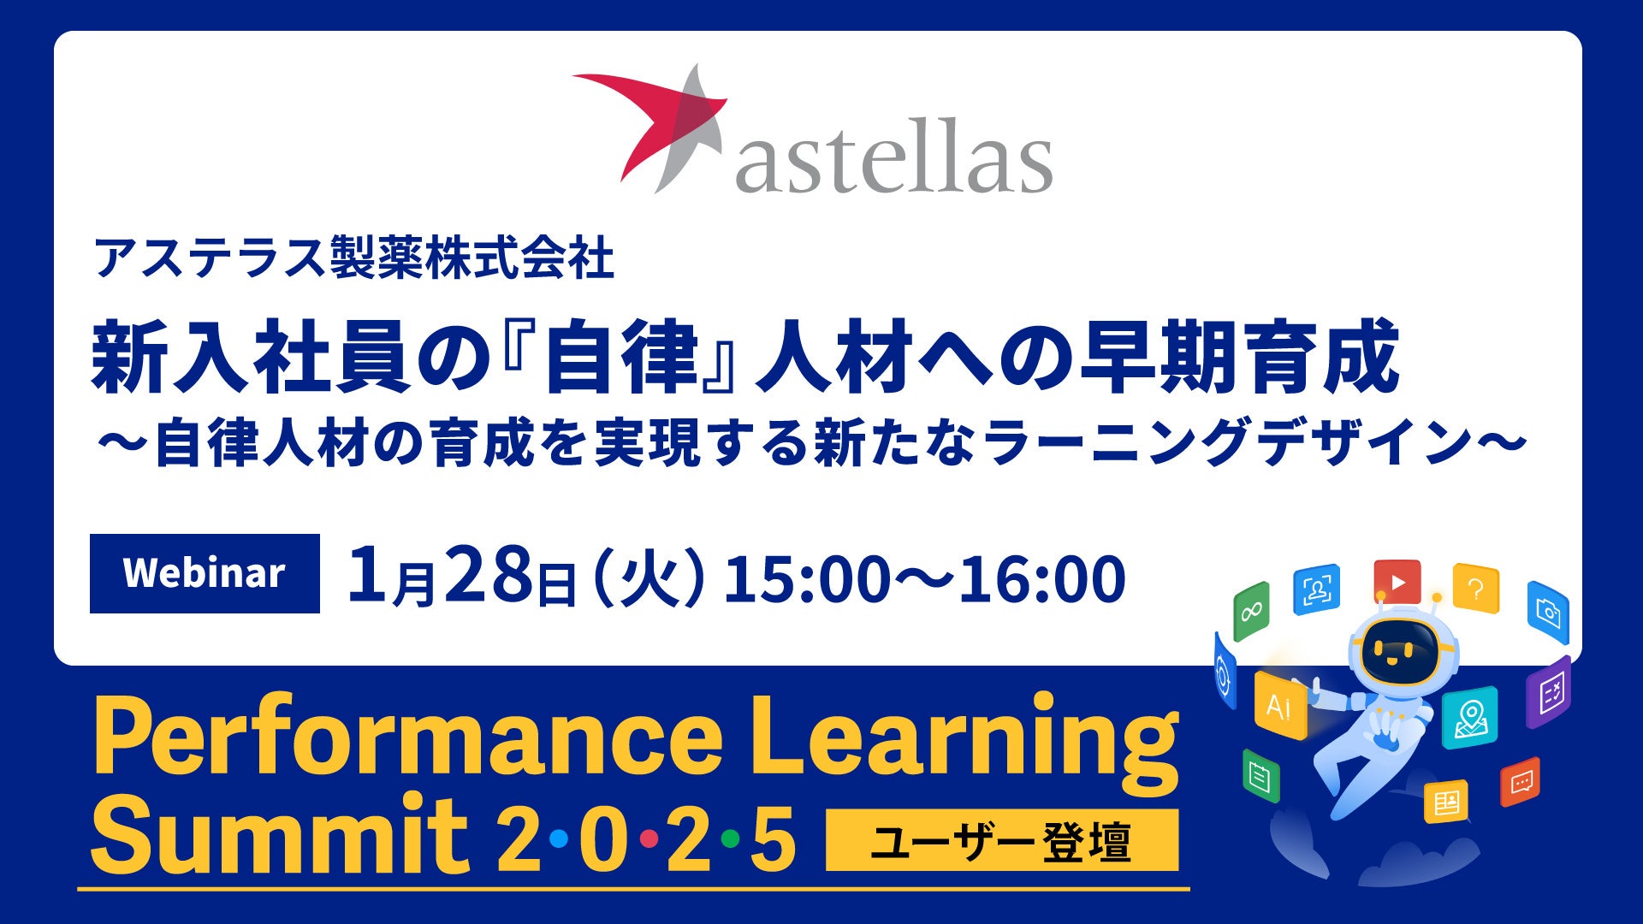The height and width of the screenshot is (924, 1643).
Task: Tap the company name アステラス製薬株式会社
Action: pos(354,258)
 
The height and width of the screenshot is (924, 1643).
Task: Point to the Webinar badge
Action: pos(205,573)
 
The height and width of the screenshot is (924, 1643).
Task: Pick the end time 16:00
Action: pos(1041,578)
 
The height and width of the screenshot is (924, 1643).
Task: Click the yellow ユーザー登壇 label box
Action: pos(1002,841)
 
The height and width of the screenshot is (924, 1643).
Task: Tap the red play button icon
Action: pos(1397,583)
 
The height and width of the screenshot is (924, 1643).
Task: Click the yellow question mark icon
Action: pos(1475,589)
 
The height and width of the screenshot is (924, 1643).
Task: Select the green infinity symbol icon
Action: pos(1251,611)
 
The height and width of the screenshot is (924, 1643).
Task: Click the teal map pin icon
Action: pos(1470,718)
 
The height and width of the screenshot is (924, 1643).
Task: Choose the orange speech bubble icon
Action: pos(1521,782)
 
